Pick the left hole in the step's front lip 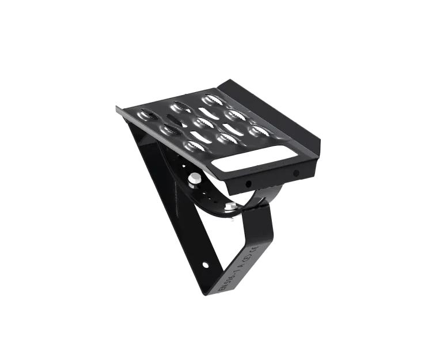[x=249, y=184]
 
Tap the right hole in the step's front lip [x=295, y=173]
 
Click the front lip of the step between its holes [x=271, y=179]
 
